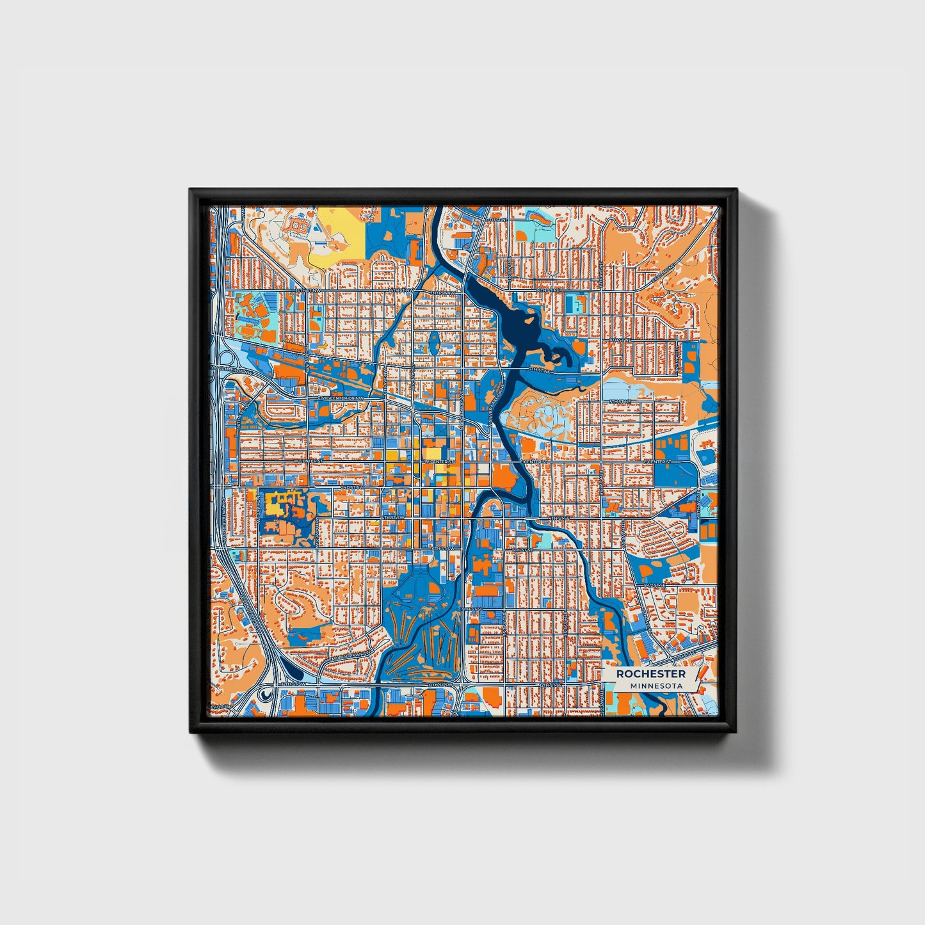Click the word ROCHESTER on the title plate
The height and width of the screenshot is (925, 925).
650,674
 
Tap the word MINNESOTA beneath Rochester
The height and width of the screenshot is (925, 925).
656,686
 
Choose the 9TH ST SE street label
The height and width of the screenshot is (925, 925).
471,609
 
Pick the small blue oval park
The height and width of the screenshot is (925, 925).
435,342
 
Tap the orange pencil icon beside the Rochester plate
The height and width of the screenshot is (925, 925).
703,672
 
